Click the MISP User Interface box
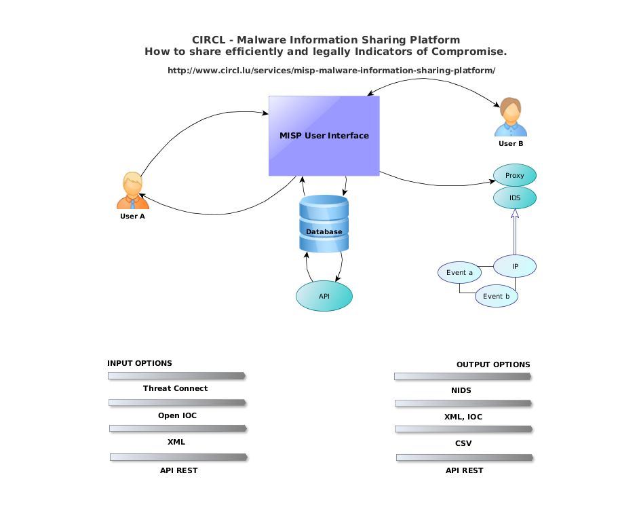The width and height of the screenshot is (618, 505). pyautogui.click(x=324, y=136)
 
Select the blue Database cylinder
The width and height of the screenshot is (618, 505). pyautogui.click(x=324, y=224)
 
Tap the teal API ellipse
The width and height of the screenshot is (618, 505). pyautogui.click(x=324, y=296)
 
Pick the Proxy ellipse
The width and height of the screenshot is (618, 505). pyautogui.click(x=515, y=175)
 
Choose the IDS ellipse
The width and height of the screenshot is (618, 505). pyautogui.click(x=515, y=198)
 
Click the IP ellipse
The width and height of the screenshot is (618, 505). pyautogui.click(x=515, y=266)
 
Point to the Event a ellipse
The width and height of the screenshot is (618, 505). pyautogui.click(x=459, y=272)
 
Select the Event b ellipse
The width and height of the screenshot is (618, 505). pyautogui.click(x=497, y=296)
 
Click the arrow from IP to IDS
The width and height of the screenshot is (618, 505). pyautogui.click(x=515, y=232)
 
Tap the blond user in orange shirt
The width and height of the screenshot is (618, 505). pyautogui.click(x=132, y=190)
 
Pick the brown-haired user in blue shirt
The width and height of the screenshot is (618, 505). pyautogui.click(x=510, y=117)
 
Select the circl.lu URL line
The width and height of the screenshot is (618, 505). pyautogui.click(x=332, y=71)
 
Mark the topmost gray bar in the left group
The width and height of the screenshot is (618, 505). pyautogui.click(x=176, y=375)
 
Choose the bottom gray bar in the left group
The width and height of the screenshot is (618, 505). pyautogui.click(x=178, y=457)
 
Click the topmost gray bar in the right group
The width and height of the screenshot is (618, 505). pyautogui.click(x=463, y=376)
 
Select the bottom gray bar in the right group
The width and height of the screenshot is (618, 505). pyautogui.click(x=465, y=457)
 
